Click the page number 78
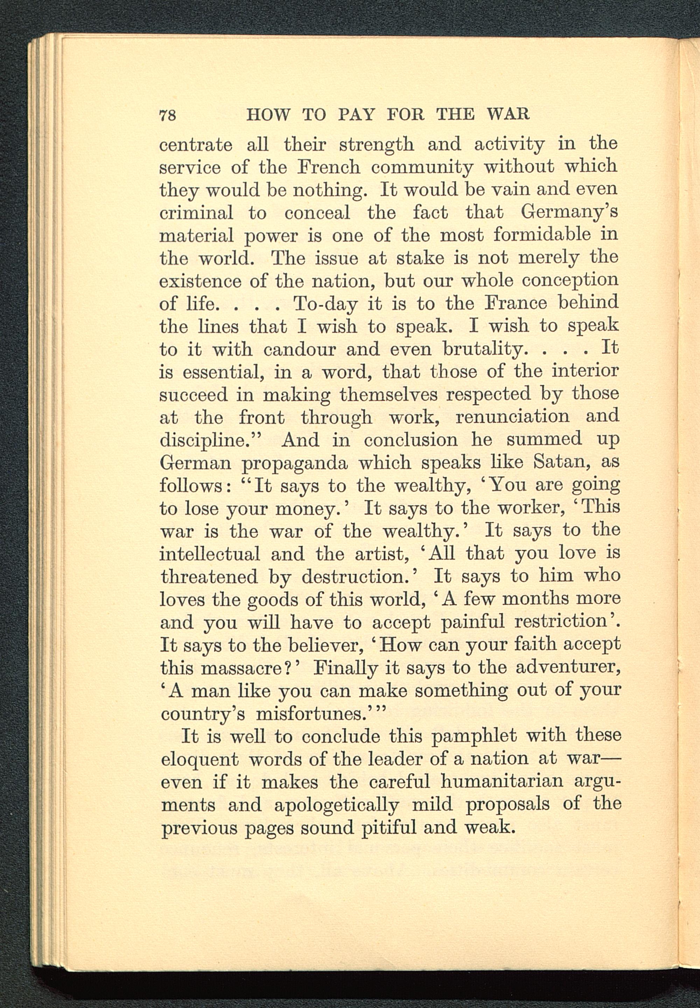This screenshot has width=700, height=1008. click(x=168, y=115)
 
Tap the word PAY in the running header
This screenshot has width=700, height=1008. click(x=356, y=114)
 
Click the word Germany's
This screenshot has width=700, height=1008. click(x=569, y=213)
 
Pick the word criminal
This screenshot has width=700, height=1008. click(x=196, y=213)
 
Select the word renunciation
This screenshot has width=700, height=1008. click(x=512, y=416)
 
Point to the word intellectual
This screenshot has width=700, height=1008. click(x=210, y=553)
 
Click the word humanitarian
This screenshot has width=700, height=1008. click(x=502, y=782)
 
